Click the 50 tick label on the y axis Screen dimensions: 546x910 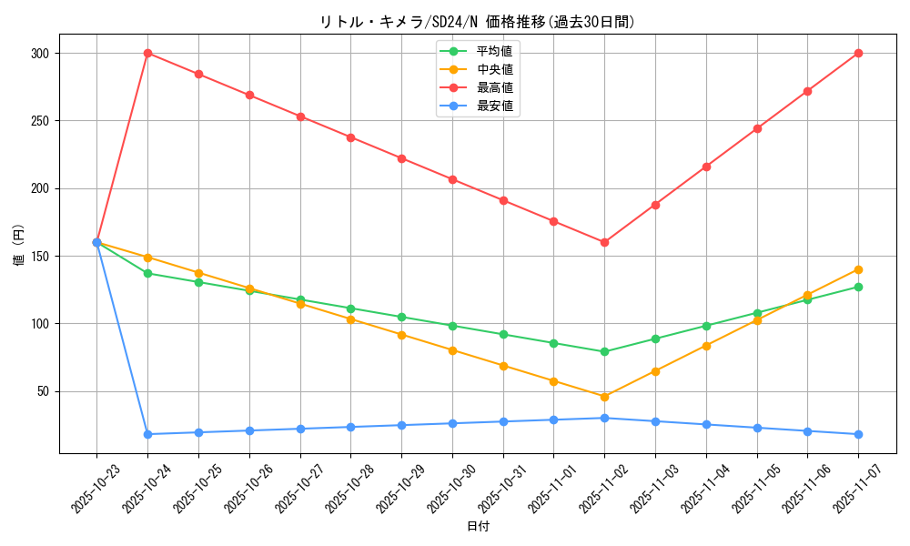click(x=42, y=391)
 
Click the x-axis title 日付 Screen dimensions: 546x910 click(x=478, y=527)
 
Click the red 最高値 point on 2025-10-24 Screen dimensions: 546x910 click(x=147, y=53)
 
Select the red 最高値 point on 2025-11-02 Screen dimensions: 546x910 click(x=604, y=242)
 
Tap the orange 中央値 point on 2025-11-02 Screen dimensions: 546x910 click(x=604, y=397)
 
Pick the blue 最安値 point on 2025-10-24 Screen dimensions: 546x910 click(x=147, y=434)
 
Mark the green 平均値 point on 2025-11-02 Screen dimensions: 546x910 click(x=604, y=351)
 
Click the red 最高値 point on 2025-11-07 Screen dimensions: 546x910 click(x=858, y=53)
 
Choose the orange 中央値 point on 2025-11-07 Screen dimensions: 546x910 click(x=858, y=269)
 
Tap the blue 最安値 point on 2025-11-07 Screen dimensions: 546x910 click(x=858, y=434)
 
